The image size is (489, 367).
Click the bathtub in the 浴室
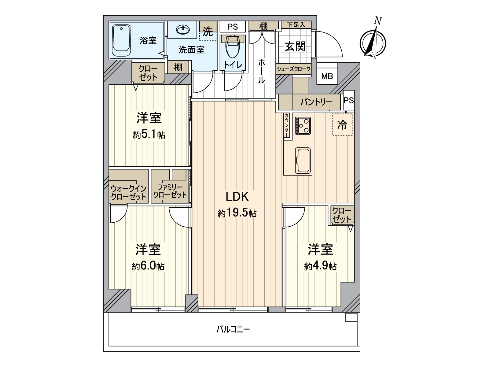[x=121, y=41]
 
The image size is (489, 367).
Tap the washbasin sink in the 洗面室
[x=183, y=30]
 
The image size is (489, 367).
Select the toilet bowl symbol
[x=233, y=47]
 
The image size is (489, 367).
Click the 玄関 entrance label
[x=295, y=46]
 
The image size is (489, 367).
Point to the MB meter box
[x=327, y=76]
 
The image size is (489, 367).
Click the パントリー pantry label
[x=316, y=102]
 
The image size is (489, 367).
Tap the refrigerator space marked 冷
[x=342, y=124]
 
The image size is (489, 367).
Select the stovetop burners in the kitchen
[x=303, y=126]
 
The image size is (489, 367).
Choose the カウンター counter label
[x=287, y=125]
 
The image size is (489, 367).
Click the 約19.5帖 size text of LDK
[x=237, y=213]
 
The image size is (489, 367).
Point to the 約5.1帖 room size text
[x=149, y=135]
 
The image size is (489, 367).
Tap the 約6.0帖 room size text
[x=148, y=266]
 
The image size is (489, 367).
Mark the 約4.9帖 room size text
[x=320, y=266]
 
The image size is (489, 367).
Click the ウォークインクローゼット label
[x=129, y=193]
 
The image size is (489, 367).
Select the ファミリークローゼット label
[x=170, y=191]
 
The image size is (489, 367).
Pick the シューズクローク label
[x=293, y=69]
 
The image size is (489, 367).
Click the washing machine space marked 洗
[x=208, y=31]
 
